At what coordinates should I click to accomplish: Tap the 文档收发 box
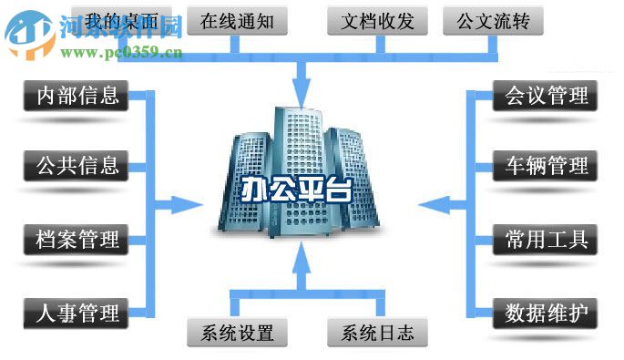(x=374, y=19)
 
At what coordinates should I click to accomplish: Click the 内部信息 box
(x=76, y=95)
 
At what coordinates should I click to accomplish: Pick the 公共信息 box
(x=76, y=166)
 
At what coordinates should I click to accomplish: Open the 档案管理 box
(x=76, y=241)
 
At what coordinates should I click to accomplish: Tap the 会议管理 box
(x=546, y=95)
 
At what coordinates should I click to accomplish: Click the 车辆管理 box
(x=546, y=166)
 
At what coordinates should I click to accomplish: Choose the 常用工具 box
(x=546, y=241)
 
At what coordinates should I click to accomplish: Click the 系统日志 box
(x=377, y=332)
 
